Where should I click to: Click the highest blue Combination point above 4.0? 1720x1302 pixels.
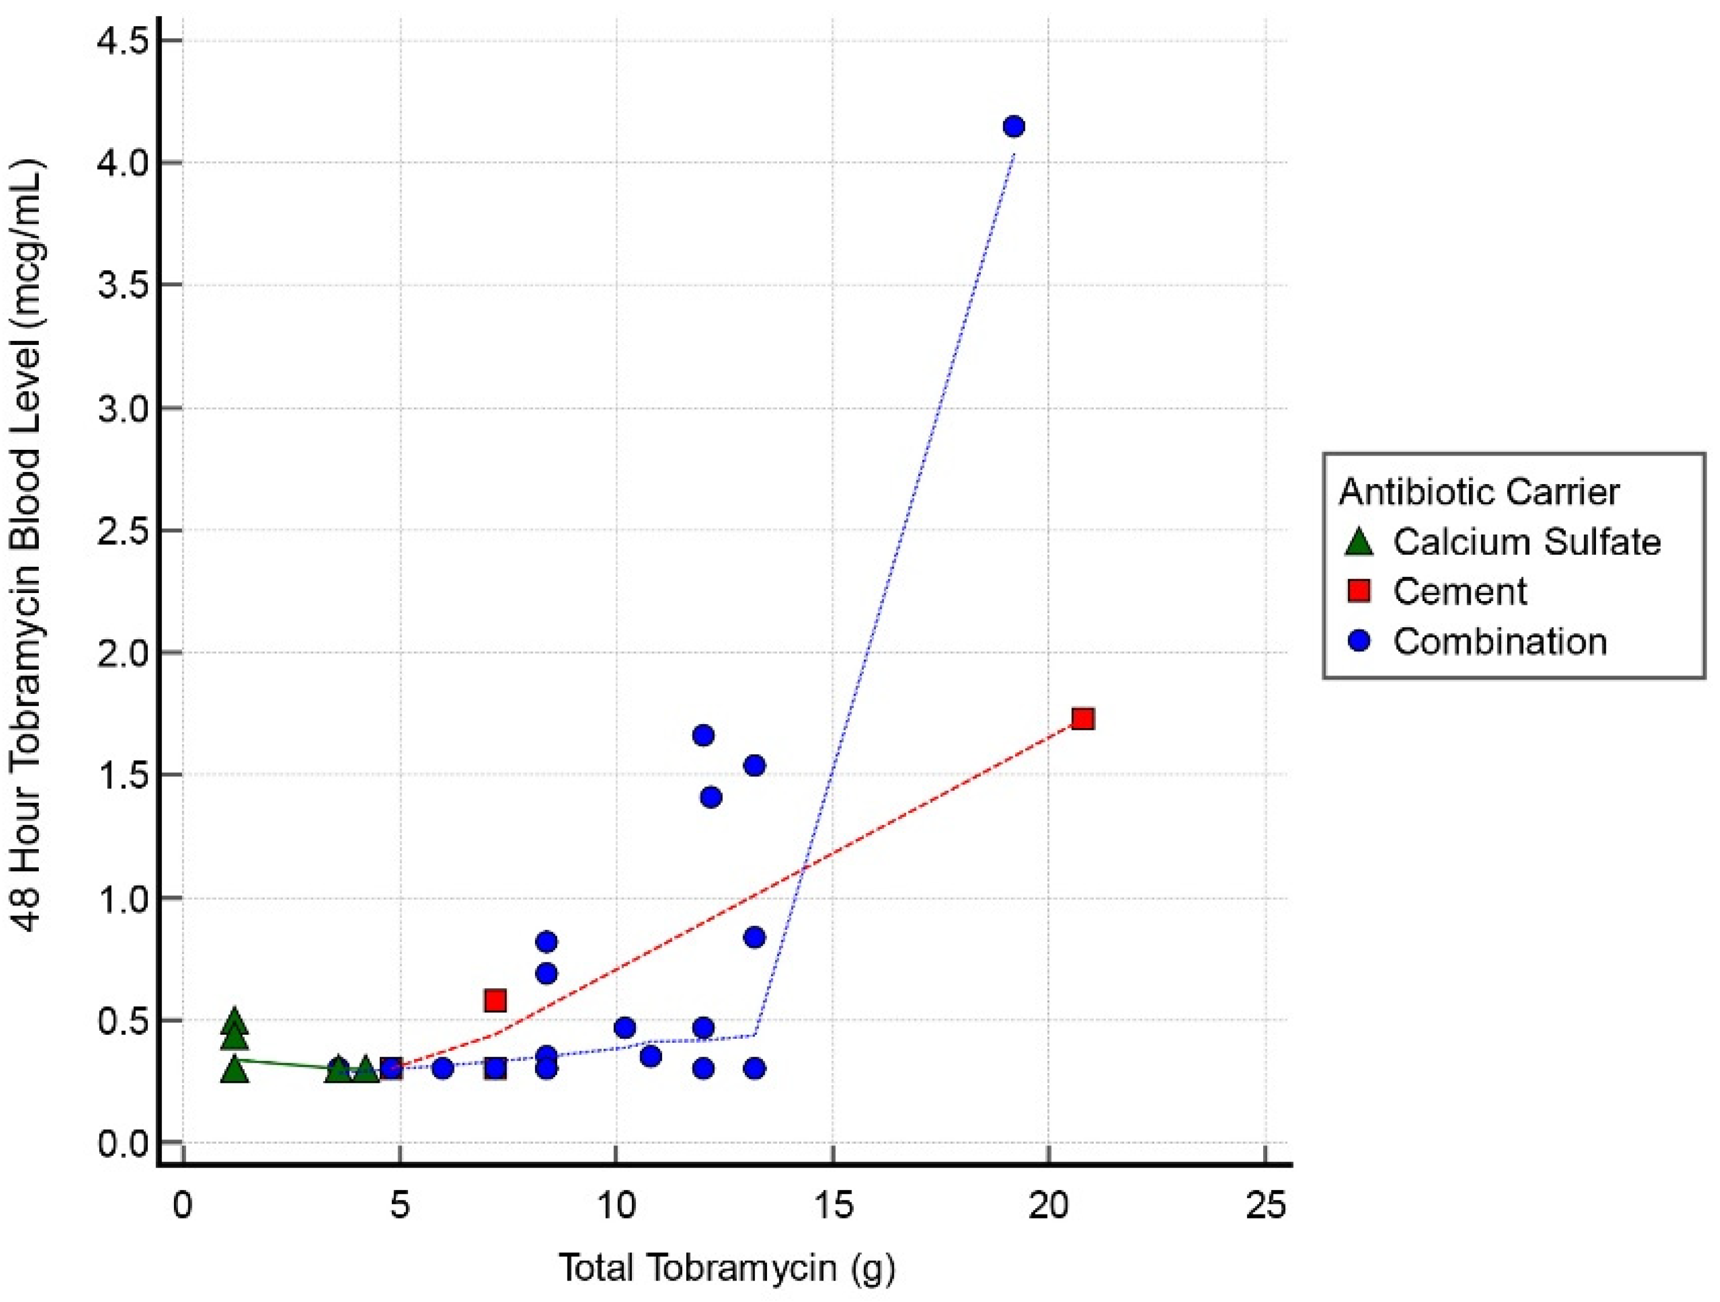tap(1013, 126)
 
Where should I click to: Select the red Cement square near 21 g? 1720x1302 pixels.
tap(1083, 719)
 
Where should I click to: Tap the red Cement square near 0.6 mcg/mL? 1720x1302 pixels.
tap(495, 1000)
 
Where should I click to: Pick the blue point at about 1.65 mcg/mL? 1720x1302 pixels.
tap(703, 735)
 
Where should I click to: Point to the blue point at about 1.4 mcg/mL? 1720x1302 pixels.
tap(711, 797)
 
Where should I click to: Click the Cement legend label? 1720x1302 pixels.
tap(1460, 592)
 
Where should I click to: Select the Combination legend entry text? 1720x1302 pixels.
tap(1499, 642)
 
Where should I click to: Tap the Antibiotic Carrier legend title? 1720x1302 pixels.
tap(1479, 492)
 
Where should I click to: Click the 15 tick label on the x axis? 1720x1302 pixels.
tap(833, 1206)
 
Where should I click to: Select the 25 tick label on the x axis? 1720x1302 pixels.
tap(1265, 1206)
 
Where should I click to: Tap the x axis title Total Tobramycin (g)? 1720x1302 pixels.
tap(727, 1268)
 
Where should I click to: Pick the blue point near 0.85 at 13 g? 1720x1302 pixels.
tap(754, 937)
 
